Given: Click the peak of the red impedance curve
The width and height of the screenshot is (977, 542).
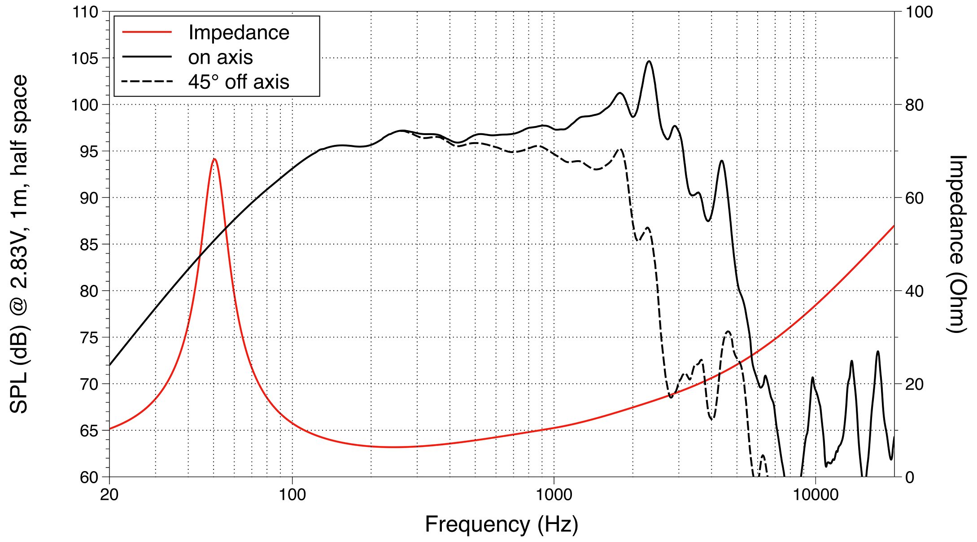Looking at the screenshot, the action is [214, 159].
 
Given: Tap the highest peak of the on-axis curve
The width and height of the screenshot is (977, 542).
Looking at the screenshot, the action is [649, 61].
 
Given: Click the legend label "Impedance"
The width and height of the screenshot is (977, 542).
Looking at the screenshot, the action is [239, 33].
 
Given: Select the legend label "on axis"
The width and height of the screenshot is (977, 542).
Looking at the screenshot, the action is [220, 57].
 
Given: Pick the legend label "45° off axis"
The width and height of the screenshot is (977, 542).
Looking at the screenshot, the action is [239, 82].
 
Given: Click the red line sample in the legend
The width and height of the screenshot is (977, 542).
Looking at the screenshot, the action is [147, 32].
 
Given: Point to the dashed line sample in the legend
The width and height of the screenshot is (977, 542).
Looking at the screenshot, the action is [147, 81].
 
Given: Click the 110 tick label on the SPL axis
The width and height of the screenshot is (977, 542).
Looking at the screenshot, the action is [85, 12].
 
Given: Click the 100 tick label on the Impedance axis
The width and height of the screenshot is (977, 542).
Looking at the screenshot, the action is [919, 12].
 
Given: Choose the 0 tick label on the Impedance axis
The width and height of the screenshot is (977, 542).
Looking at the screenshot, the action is [910, 477].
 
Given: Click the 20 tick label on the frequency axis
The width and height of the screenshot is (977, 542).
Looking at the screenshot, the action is [109, 495].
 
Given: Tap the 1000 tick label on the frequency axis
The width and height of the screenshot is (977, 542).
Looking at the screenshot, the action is [554, 495].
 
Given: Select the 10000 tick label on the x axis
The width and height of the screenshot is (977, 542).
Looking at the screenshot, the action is [815, 495].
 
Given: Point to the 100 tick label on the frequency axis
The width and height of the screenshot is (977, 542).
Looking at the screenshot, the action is [292, 495].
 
